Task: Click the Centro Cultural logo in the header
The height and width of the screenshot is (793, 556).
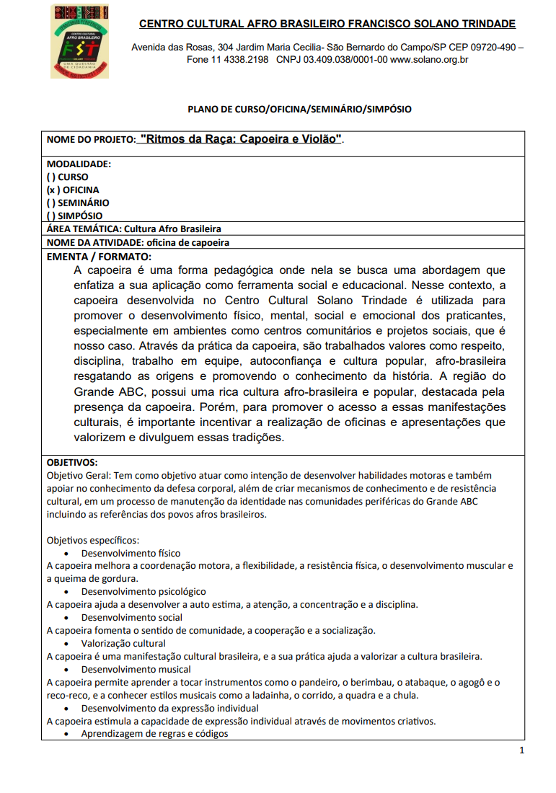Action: tap(79, 41)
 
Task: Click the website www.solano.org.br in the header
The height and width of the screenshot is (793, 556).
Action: tap(429, 60)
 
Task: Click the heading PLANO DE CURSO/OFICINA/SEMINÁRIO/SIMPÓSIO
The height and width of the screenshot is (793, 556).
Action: tap(299, 110)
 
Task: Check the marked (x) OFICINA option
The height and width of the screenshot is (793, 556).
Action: tap(73, 190)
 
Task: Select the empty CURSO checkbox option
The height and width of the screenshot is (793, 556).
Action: tap(68, 177)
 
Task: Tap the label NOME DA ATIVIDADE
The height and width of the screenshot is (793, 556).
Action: tap(94, 242)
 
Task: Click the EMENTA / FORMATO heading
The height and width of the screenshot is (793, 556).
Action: tap(99, 256)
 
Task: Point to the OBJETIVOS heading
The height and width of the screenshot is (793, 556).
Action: tap(72, 462)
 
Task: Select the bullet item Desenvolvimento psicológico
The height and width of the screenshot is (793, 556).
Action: tap(143, 591)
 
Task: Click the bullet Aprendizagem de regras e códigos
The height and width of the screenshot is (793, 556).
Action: tap(154, 734)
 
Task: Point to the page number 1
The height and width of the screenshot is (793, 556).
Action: tap(521, 750)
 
